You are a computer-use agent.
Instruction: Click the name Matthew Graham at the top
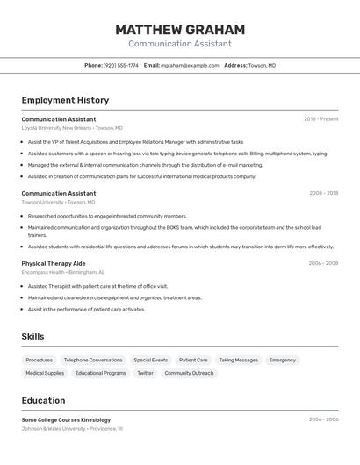(x=180, y=30)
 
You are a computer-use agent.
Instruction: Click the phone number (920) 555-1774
(x=121, y=66)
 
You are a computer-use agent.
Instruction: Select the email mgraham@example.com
(x=190, y=66)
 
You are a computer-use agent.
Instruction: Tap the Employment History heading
(x=65, y=100)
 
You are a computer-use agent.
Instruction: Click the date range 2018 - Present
(x=321, y=119)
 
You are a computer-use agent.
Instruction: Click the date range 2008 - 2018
(x=323, y=193)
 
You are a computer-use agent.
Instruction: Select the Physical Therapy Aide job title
(x=54, y=263)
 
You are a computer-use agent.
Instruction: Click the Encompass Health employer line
(x=63, y=272)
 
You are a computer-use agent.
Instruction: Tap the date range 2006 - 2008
(x=323, y=263)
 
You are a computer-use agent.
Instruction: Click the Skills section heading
(x=32, y=337)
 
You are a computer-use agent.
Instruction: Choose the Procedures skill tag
(x=40, y=360)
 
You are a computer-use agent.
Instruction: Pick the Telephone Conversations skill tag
(x=93, y=360)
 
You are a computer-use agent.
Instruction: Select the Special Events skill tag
(x=150, y=360)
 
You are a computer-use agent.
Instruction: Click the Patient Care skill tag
(x=193, y=360)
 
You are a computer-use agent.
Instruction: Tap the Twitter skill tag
(x=145, y=373)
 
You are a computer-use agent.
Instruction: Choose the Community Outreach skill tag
(x=189, y=373)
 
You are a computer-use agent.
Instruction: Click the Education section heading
(x=43, y=400)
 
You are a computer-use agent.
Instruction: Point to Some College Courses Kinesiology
(x=66, y=419)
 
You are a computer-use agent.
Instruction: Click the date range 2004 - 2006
(x=323, y=419)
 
